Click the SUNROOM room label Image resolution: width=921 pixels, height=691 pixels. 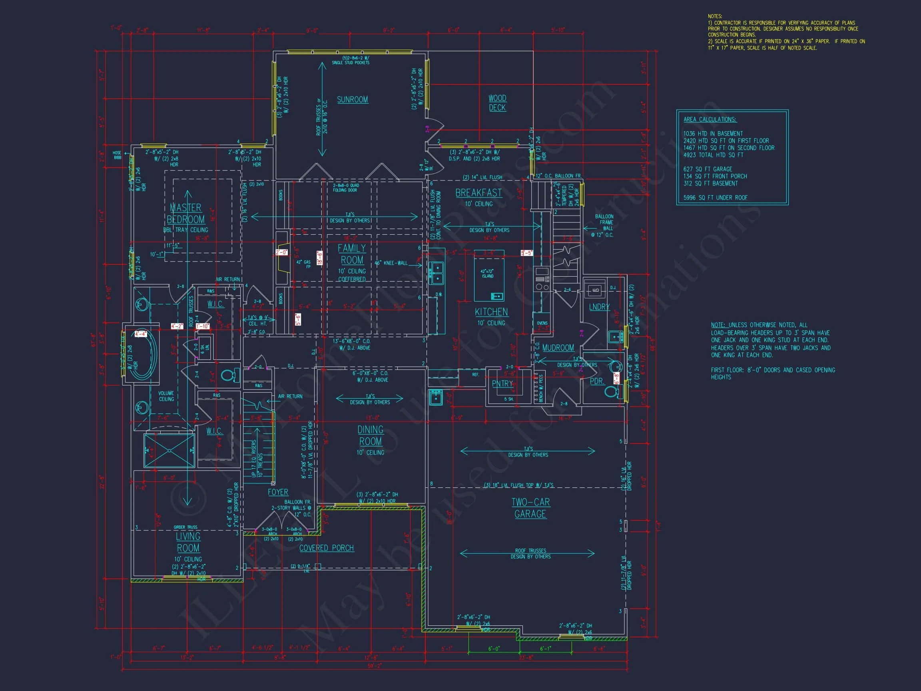pyautogui.click(x=352, y=100)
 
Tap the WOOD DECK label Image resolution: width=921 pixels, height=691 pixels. pyautogui.click(x=497, y=103)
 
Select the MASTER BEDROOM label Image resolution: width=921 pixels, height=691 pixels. pyautogui.click(x=186, y=214)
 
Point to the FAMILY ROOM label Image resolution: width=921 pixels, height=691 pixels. pyautogui.click(x=352, y=254)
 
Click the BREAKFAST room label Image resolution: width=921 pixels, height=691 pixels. pyautogui.click(x=478, y=193)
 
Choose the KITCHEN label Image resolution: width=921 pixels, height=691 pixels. pyautogui.click(x=491, y=312)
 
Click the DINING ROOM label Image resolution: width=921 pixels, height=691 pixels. pyautogui.click(x=370, y=435)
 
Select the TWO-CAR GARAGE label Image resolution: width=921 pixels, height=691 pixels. pyautogui.click(x=530, y=508)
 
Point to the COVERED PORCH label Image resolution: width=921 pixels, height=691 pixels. pyautogui.click(x=327, y=548)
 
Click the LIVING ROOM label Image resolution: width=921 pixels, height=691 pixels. pyautogui.click(x=188, y=542)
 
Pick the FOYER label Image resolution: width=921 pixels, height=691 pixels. pyautogui.click(x=278, y=492)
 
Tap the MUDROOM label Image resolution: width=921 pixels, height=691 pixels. pyautogui.click(x=558, y=348)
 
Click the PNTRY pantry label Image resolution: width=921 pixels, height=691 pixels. pyautogui.click(x=502, y=383)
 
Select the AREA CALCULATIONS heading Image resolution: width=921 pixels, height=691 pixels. pyautogui.click(x=710, y=120)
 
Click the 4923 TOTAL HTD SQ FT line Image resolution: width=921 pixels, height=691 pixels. pyautogui.click(x=713, y=155)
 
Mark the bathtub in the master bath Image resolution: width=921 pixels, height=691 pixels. pyautogui.click(x=144, y=354)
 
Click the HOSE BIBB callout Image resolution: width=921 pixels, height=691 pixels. pyautogui.click(x=117, y=155)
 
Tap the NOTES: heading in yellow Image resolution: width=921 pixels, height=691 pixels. pyautogui.click(x=715, y=16)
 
